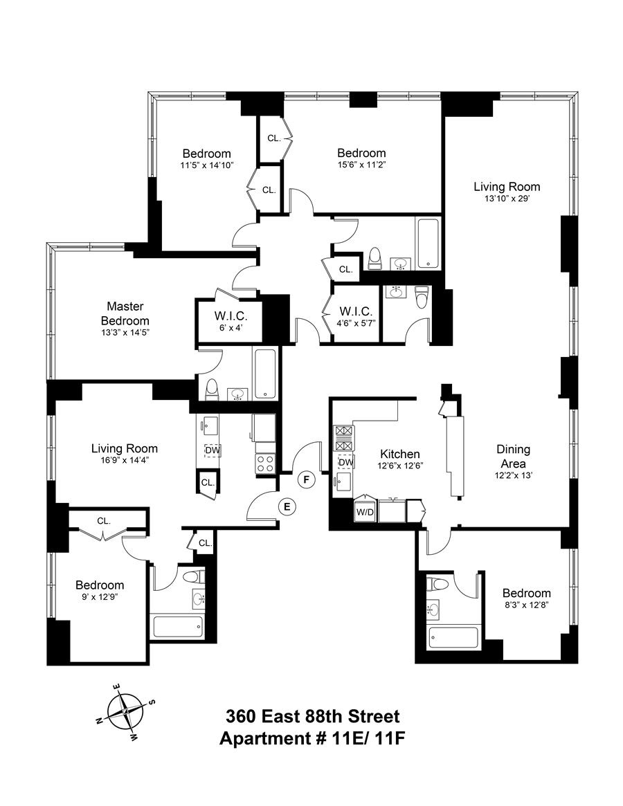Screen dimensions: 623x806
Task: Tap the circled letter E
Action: click(287, 506)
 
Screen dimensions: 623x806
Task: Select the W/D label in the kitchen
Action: click(364, 512)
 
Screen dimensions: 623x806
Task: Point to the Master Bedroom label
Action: click(125, 313)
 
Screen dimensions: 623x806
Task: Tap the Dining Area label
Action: click(513, 456)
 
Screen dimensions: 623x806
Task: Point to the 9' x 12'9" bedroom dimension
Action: click(100, 598)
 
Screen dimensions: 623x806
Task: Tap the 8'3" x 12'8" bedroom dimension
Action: click(527, 606)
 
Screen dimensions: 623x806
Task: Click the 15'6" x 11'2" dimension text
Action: click(361, 165)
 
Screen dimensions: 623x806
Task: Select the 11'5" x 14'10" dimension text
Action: click(206, 165)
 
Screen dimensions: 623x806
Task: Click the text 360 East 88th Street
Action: click(311, 715)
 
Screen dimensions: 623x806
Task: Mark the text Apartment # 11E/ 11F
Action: click(311, 738)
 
